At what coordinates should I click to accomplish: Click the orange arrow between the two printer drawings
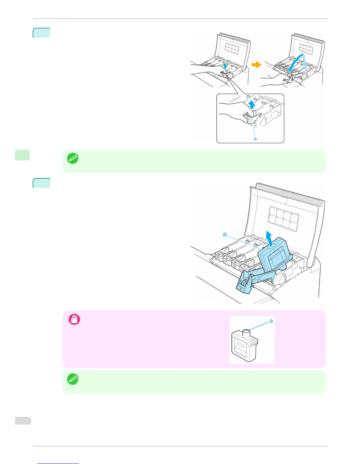point(256,65)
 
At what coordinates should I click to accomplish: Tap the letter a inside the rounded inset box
point(255,139)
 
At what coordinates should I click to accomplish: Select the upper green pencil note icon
point(73,159)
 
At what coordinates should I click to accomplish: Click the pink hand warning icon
point(74,319)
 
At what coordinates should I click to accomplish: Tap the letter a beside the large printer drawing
point(225,234)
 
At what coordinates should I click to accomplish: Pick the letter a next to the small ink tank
point(271,321)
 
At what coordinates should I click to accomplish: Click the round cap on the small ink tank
point(246,333)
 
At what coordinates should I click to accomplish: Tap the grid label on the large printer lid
point(283,218)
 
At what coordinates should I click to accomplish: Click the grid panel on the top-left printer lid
point(231,48)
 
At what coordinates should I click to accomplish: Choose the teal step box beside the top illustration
point(41,33)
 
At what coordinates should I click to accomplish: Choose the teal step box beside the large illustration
point(41,183)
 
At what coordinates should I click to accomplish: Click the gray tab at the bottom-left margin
point(23,421)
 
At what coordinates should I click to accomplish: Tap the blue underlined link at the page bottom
point(58,463)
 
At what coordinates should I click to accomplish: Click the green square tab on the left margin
point(22,155)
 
